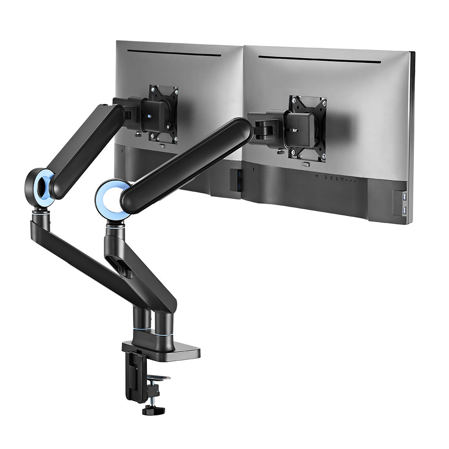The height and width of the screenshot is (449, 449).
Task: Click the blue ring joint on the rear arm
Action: pyautogui.click(x=40, y=188)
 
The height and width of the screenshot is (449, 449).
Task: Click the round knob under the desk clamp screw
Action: pyautogui.click(x=153, y=410)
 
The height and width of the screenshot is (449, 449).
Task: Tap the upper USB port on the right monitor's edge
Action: pyautogui.click(x=405, y=197)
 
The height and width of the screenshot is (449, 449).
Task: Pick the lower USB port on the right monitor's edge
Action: pyautogui.click(x=405, y=211)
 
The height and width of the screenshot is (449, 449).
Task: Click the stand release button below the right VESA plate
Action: pyautogui.click(x=306, y=164)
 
